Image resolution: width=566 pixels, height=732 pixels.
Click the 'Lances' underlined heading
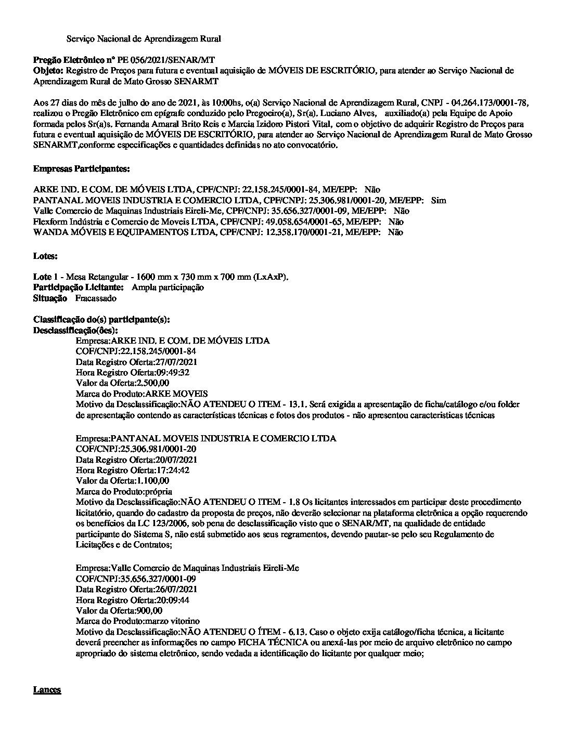(47, 690)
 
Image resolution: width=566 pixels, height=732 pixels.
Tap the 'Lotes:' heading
(45, 256)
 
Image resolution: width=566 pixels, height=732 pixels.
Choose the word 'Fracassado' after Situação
(96, 298)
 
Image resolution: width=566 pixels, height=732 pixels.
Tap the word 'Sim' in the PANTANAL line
(439, 201)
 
